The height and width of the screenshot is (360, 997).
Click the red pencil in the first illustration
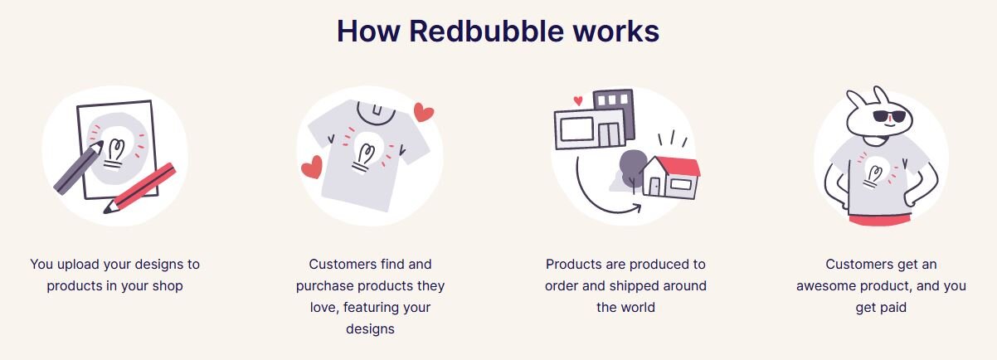click(x=143, y=187)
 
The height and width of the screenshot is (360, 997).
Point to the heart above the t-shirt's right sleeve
click(x=424, y=112)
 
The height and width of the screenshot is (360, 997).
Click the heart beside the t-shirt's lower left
click(x=312, y=168)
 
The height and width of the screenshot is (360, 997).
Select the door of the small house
click(x=655, y=188)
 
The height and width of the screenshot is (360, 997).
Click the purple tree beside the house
click(x=630, y=166)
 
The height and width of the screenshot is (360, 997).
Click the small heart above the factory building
click(x=578, y=101)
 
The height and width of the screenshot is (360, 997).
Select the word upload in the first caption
click(x=79, y=265)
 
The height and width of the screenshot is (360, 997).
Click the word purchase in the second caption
click(x=323, y=286)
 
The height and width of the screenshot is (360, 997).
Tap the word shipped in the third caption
click(x=638, y=286)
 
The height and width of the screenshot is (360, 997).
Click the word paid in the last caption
click(x=892, y=308)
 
